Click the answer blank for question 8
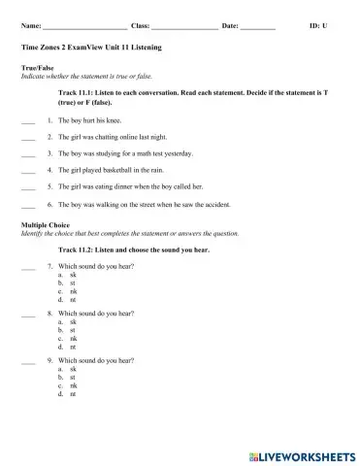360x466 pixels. [27, 315]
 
